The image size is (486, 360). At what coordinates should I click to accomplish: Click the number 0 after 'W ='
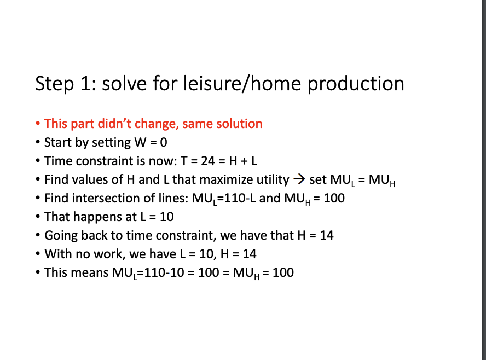164,142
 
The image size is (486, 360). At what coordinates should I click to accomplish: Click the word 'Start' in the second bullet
58,142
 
